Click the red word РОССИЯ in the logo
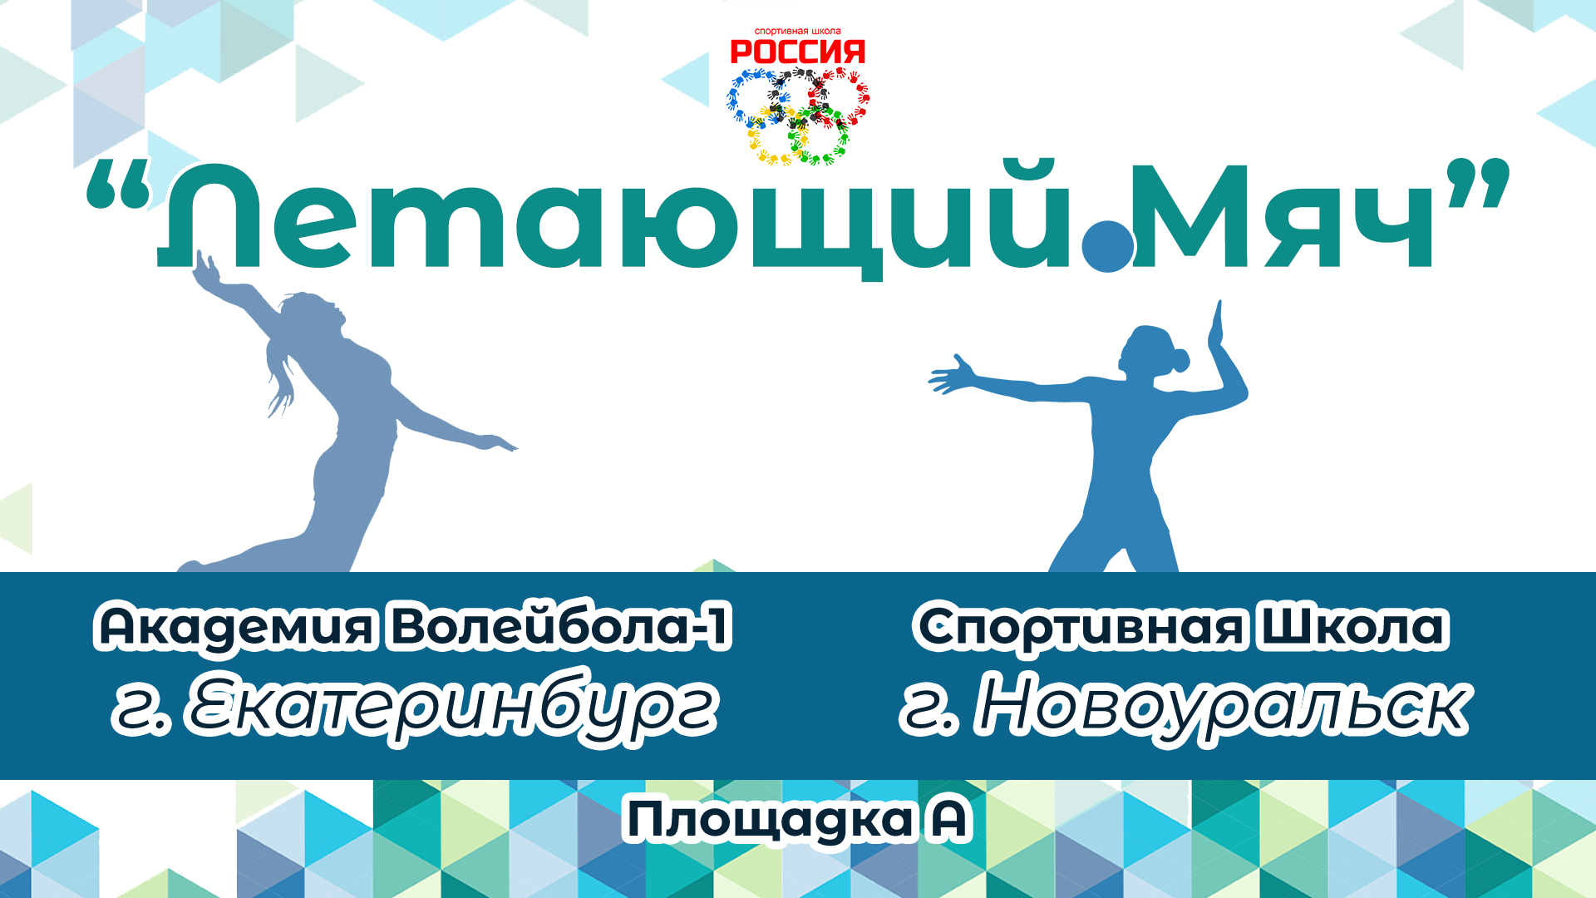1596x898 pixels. (x=797, y=52)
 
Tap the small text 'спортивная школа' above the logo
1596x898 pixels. (x=797, y=32)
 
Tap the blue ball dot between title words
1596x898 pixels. (x=1108, y=244)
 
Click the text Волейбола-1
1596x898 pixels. (x=561, y=627)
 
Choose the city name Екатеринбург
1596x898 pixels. (x=453, y=708)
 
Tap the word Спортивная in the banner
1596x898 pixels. (x=1081, y=627)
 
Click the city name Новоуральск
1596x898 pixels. (x=1222, y=708)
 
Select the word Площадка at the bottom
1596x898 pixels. (x=769, y=821)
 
